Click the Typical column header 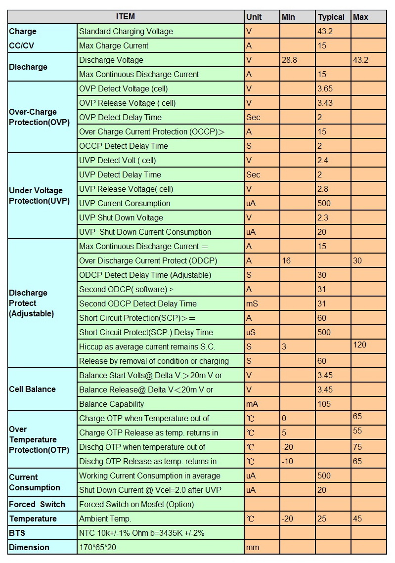pyautogui.click(x=331, y=17)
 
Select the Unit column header pyautogui.click(x=254, y=17)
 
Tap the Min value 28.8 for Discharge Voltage pyautogui.click(x=289, y=60)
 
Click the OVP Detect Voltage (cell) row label pyautogui.click(x=124, y=88)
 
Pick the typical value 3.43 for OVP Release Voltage pyautogui.click(x=325, y=103)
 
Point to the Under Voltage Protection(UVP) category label pyautogui.click(x=39, y=196)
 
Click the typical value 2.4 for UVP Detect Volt pyautogui.click(x=322, y=161)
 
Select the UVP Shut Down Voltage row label pyautogui.click(x=121, y=217)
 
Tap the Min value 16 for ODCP pyautogui.click(x=286, y=260)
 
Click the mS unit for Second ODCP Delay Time pyautogui.click(x=252, y=304)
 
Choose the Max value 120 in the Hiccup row pyautogui.click(x=359, y=345)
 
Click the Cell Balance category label pyautogui.click(x=32, y=389)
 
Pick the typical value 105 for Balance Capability pyautogui.click(x=324, y=404)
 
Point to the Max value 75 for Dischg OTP pyautogui.click(x=357, y=447)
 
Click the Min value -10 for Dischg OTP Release pyautogui.click(x=287, y=461)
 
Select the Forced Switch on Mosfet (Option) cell pyautogui.click(x=136, y=505)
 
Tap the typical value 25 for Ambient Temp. pyautogui.click(x=322, y=519)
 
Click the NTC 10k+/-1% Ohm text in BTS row pyautogui.click(x=114, y=533)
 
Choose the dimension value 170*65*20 pyautogui.click(x=97, y=548)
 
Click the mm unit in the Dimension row pyautogui.click(x=253, y=548)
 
